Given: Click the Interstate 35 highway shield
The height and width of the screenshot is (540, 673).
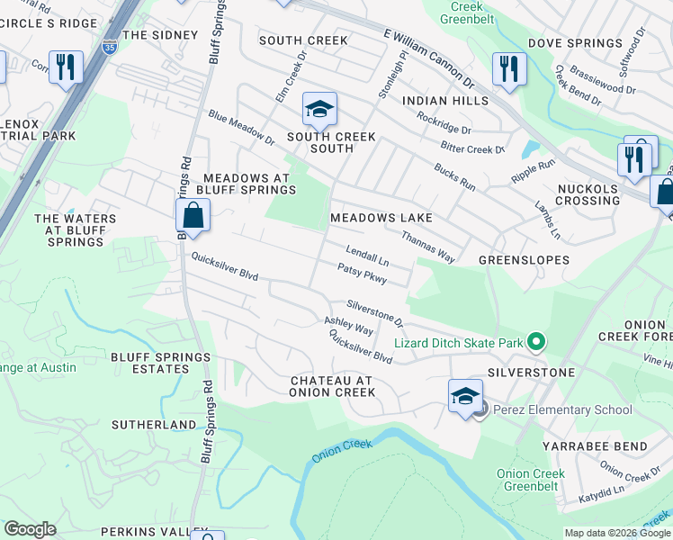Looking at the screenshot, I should [x=110, y=45].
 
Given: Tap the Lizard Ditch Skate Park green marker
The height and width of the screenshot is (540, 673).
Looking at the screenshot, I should [x=537, y=341].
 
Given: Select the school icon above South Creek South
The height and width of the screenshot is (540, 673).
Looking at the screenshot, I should [x=319, y=110].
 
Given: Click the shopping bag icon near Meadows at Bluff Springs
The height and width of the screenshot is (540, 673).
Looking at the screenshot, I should [x=193, y=216].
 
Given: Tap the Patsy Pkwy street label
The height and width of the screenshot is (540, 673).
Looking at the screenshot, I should [x=362, y=274].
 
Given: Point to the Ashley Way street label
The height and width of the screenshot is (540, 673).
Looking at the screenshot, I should [x=348, y=326].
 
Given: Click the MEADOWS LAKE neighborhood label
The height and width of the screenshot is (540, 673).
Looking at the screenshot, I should [x=381, y=218].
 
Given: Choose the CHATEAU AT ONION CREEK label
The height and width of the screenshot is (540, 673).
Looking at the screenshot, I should [x=332, y=386].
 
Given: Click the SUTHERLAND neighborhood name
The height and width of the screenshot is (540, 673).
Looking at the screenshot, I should [x=154, y=424].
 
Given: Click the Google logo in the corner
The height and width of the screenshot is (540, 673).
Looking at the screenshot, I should [x=30, y=529].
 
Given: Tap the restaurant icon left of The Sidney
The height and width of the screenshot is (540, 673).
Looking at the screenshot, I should [x=66, y=67].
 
